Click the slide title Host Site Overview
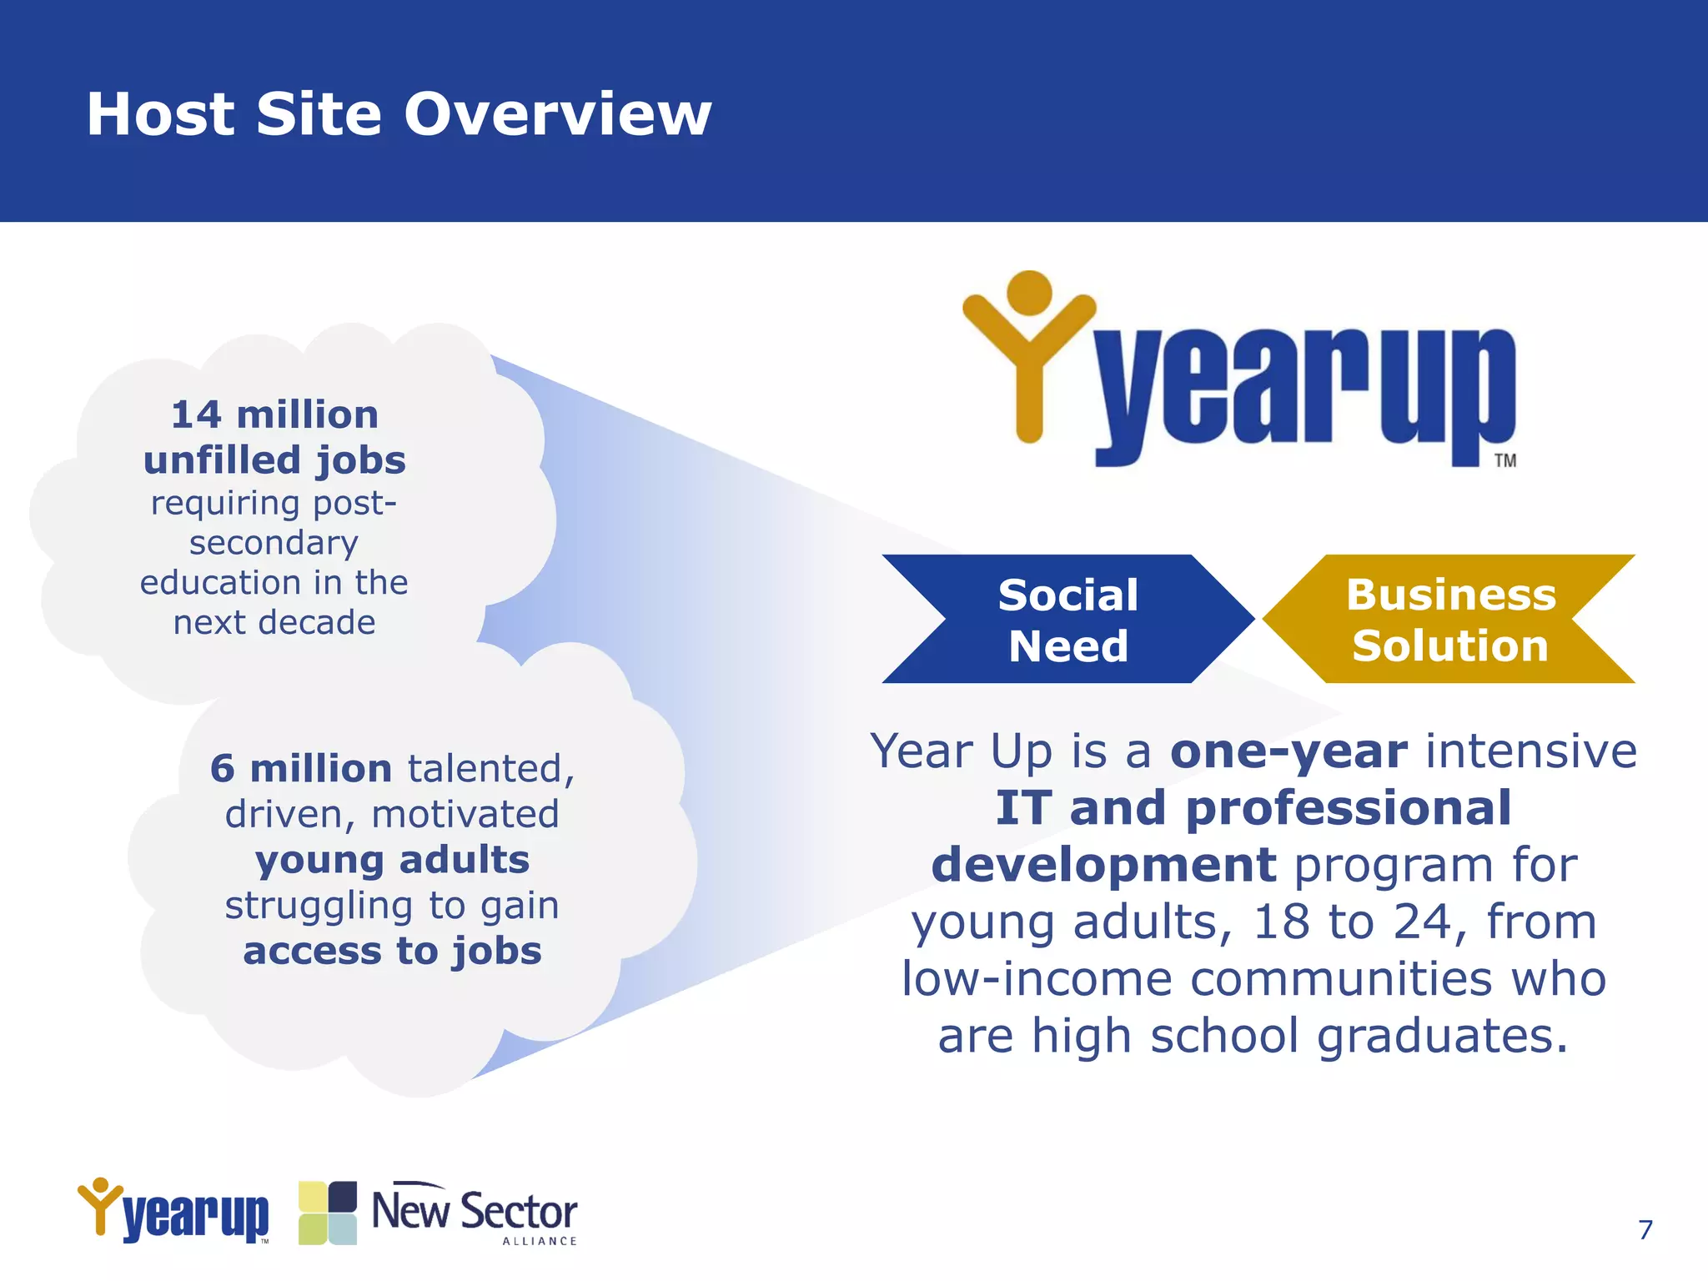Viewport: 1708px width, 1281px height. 399,114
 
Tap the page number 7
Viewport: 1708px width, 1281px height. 1645,1229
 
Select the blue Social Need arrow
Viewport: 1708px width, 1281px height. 1067,620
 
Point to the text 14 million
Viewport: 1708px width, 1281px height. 274,414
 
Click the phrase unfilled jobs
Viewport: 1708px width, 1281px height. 274,460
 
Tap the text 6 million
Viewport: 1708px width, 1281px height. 300,768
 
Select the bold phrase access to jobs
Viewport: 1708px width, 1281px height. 392,951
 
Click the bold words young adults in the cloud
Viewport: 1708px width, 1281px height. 392,860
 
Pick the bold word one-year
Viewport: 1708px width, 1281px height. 1289,751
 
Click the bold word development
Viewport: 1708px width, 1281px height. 1103,865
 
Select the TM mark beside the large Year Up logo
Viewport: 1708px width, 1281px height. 1505,460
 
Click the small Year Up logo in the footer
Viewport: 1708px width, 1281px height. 173,1211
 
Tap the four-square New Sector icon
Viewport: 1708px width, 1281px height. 328,1213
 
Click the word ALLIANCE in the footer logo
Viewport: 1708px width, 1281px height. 539,1241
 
